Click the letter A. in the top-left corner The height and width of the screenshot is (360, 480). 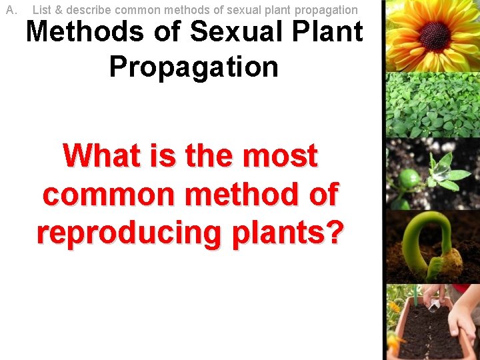[11, 10]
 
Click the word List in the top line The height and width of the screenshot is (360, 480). [41, 10]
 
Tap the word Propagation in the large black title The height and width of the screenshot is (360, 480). [193, 67]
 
